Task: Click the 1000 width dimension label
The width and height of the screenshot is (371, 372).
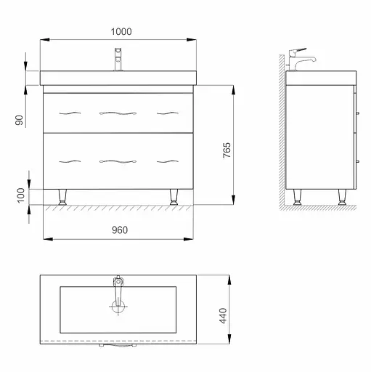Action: coord(121,31)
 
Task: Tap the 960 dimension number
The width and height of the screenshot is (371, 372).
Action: coord(120,230)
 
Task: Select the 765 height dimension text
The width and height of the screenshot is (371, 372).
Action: coord(227,150)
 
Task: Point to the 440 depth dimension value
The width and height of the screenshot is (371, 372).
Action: coord(223,315)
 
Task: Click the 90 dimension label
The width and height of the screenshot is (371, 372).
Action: coord(20,120)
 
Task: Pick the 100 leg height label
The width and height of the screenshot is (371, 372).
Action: coord(21,195)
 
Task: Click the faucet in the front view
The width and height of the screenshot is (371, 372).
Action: coord(118,60)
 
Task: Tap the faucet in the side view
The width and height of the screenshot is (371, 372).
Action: coord(300,60)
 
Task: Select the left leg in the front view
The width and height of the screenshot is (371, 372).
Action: coord(62,197)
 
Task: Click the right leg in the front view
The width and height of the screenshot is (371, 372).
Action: coord(174,197)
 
